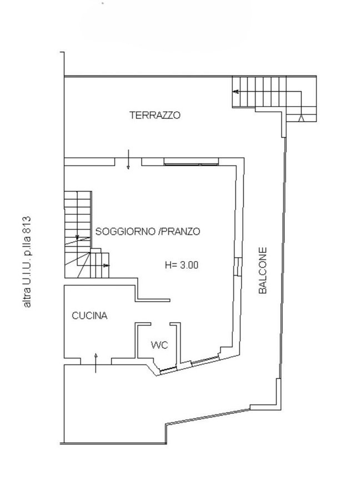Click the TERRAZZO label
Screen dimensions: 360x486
(155, 116)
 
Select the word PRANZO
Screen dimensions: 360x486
(181, 232)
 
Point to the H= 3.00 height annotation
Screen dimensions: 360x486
(182, 265)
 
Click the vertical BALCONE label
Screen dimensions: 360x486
(262, 270)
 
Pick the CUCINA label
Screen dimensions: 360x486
(89, 315)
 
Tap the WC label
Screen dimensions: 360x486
(159, 345)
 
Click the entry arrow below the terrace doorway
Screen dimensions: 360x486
(128, 159)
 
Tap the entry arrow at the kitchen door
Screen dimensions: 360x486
(96, 363)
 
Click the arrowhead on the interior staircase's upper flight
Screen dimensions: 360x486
(78, 238)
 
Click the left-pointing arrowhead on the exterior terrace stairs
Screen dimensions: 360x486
(236, 92)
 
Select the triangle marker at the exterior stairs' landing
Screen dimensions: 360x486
(301, 118)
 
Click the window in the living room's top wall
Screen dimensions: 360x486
(191, 164)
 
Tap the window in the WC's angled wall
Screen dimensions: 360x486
(167, 369)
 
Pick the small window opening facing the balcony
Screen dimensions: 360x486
(238, 267)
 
